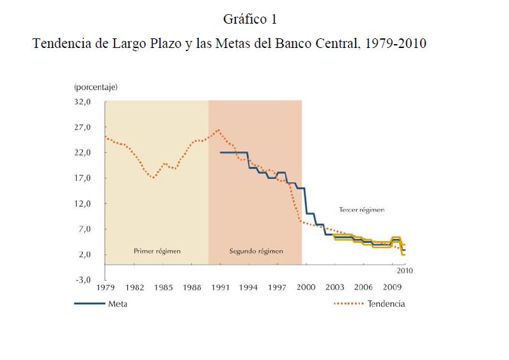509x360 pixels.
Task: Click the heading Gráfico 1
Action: pos(249,19)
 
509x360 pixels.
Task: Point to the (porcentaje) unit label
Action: pos(96,86)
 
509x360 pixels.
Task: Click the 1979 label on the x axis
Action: pos(106,288)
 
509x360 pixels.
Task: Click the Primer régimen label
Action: pos(157,251)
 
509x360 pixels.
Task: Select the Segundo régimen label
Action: pos(256,251)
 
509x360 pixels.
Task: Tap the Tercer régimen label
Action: pos(362,209)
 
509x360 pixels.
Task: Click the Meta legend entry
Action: pos(118,304)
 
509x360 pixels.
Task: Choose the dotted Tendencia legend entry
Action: pos(386,304)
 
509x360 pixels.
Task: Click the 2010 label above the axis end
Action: pos(405,270)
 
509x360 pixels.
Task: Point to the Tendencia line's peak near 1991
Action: pos(219,130)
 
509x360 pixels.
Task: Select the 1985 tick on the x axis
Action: pos(163,288)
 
